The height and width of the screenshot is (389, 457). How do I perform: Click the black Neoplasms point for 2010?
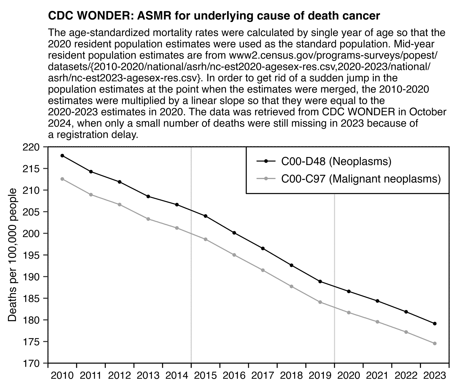click(62, 156)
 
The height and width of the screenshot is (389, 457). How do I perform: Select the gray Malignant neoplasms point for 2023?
click(435, 344)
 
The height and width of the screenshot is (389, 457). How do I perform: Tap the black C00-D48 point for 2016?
click(234, 233)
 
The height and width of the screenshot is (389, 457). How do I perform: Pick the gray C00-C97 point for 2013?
click(148, 219)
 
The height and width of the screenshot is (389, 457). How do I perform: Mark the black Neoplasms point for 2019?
click(320, 281)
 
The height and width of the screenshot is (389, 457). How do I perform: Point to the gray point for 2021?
click(377, 322)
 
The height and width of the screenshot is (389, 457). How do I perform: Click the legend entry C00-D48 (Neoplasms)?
click(336, 162)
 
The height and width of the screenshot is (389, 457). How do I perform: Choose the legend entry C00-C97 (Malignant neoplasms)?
click(361, 179)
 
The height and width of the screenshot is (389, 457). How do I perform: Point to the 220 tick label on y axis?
click(31, 147)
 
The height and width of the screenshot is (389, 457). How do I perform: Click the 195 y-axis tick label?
click(31, 255)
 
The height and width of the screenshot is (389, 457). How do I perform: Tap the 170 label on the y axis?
click(31, 363)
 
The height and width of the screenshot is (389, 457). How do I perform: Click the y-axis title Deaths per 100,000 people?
click(12, 255)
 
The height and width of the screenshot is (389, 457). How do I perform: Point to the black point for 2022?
click(406, 312)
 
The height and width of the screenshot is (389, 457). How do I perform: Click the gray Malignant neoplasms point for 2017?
click(263, 270)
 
